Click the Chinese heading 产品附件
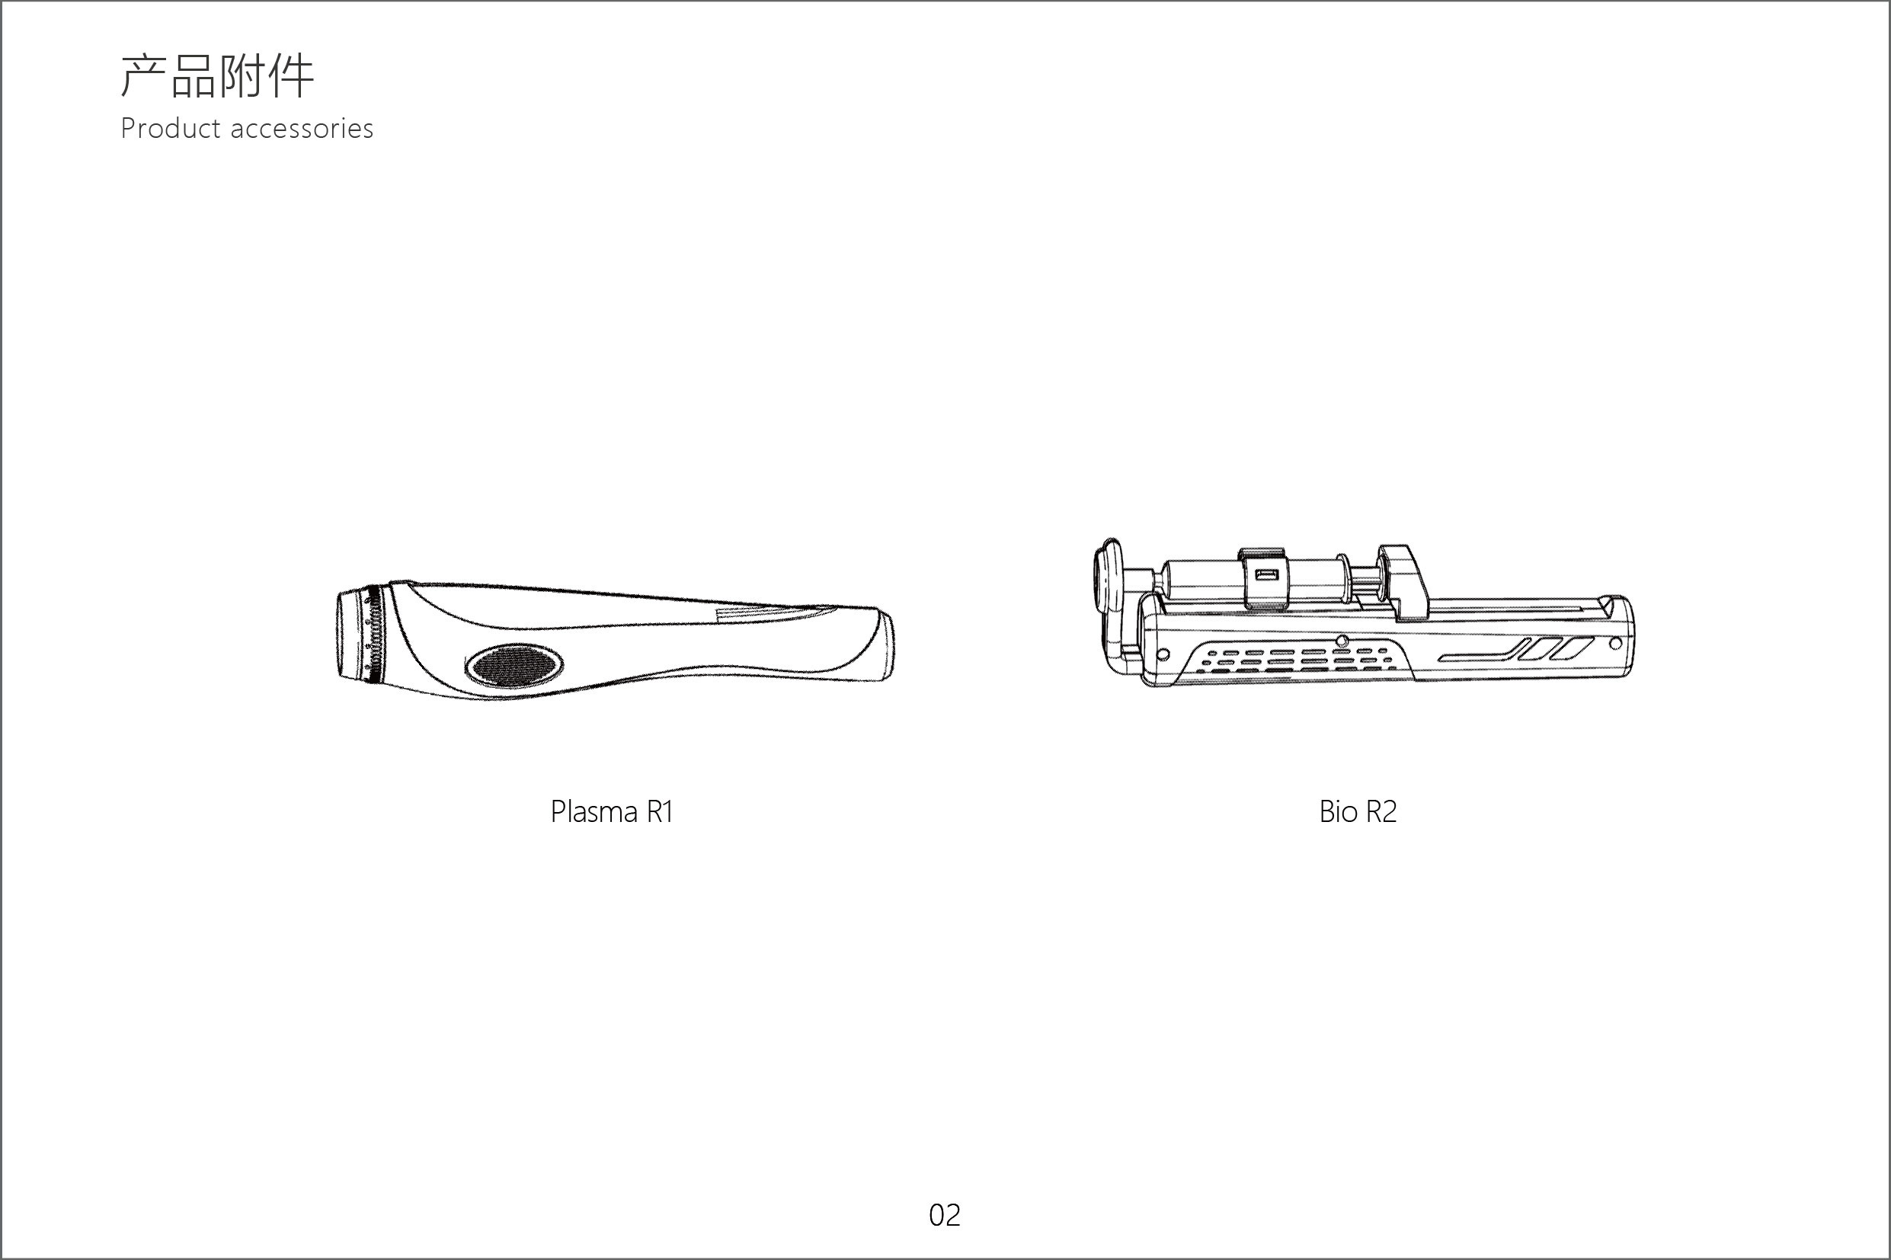click(217, 76)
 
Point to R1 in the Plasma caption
click(659, 811)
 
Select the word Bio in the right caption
click(1338, 811)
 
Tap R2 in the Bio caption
click(1381, 811)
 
